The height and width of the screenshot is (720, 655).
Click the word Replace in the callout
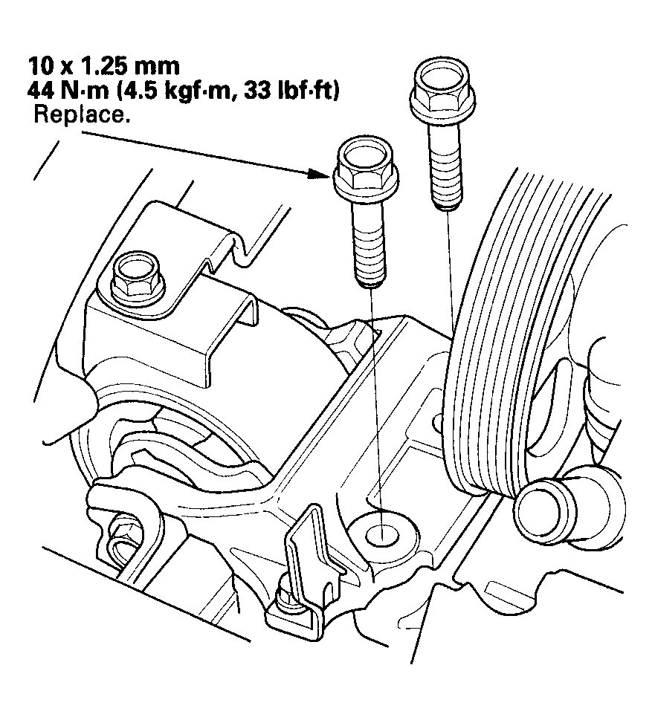coord(79,117)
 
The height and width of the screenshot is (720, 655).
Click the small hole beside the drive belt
coord(439,423)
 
